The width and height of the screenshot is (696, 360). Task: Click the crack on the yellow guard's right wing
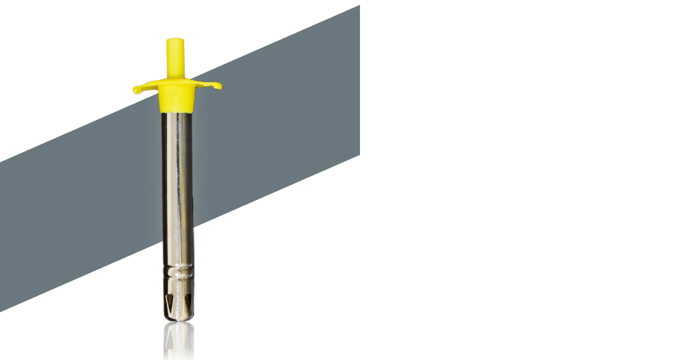211,85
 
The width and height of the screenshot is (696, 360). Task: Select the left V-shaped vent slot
168,301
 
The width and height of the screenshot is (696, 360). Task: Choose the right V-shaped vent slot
188,301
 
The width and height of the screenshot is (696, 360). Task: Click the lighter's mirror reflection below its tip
178,340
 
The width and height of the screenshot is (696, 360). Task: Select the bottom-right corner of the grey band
359,155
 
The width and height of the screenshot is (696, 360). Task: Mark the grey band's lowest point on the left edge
1,311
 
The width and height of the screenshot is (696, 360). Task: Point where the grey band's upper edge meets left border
1,162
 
